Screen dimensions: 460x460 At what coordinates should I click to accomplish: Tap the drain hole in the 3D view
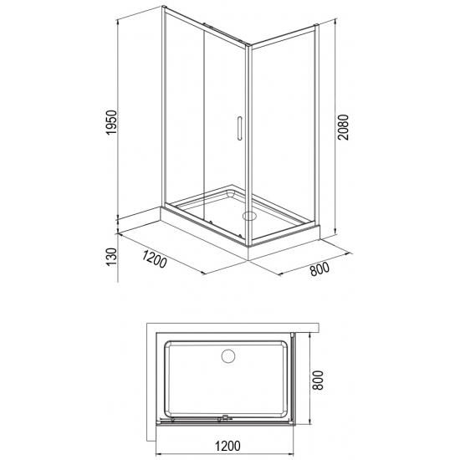point(247,214)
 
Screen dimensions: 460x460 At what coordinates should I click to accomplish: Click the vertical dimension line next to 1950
point(118,117)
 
